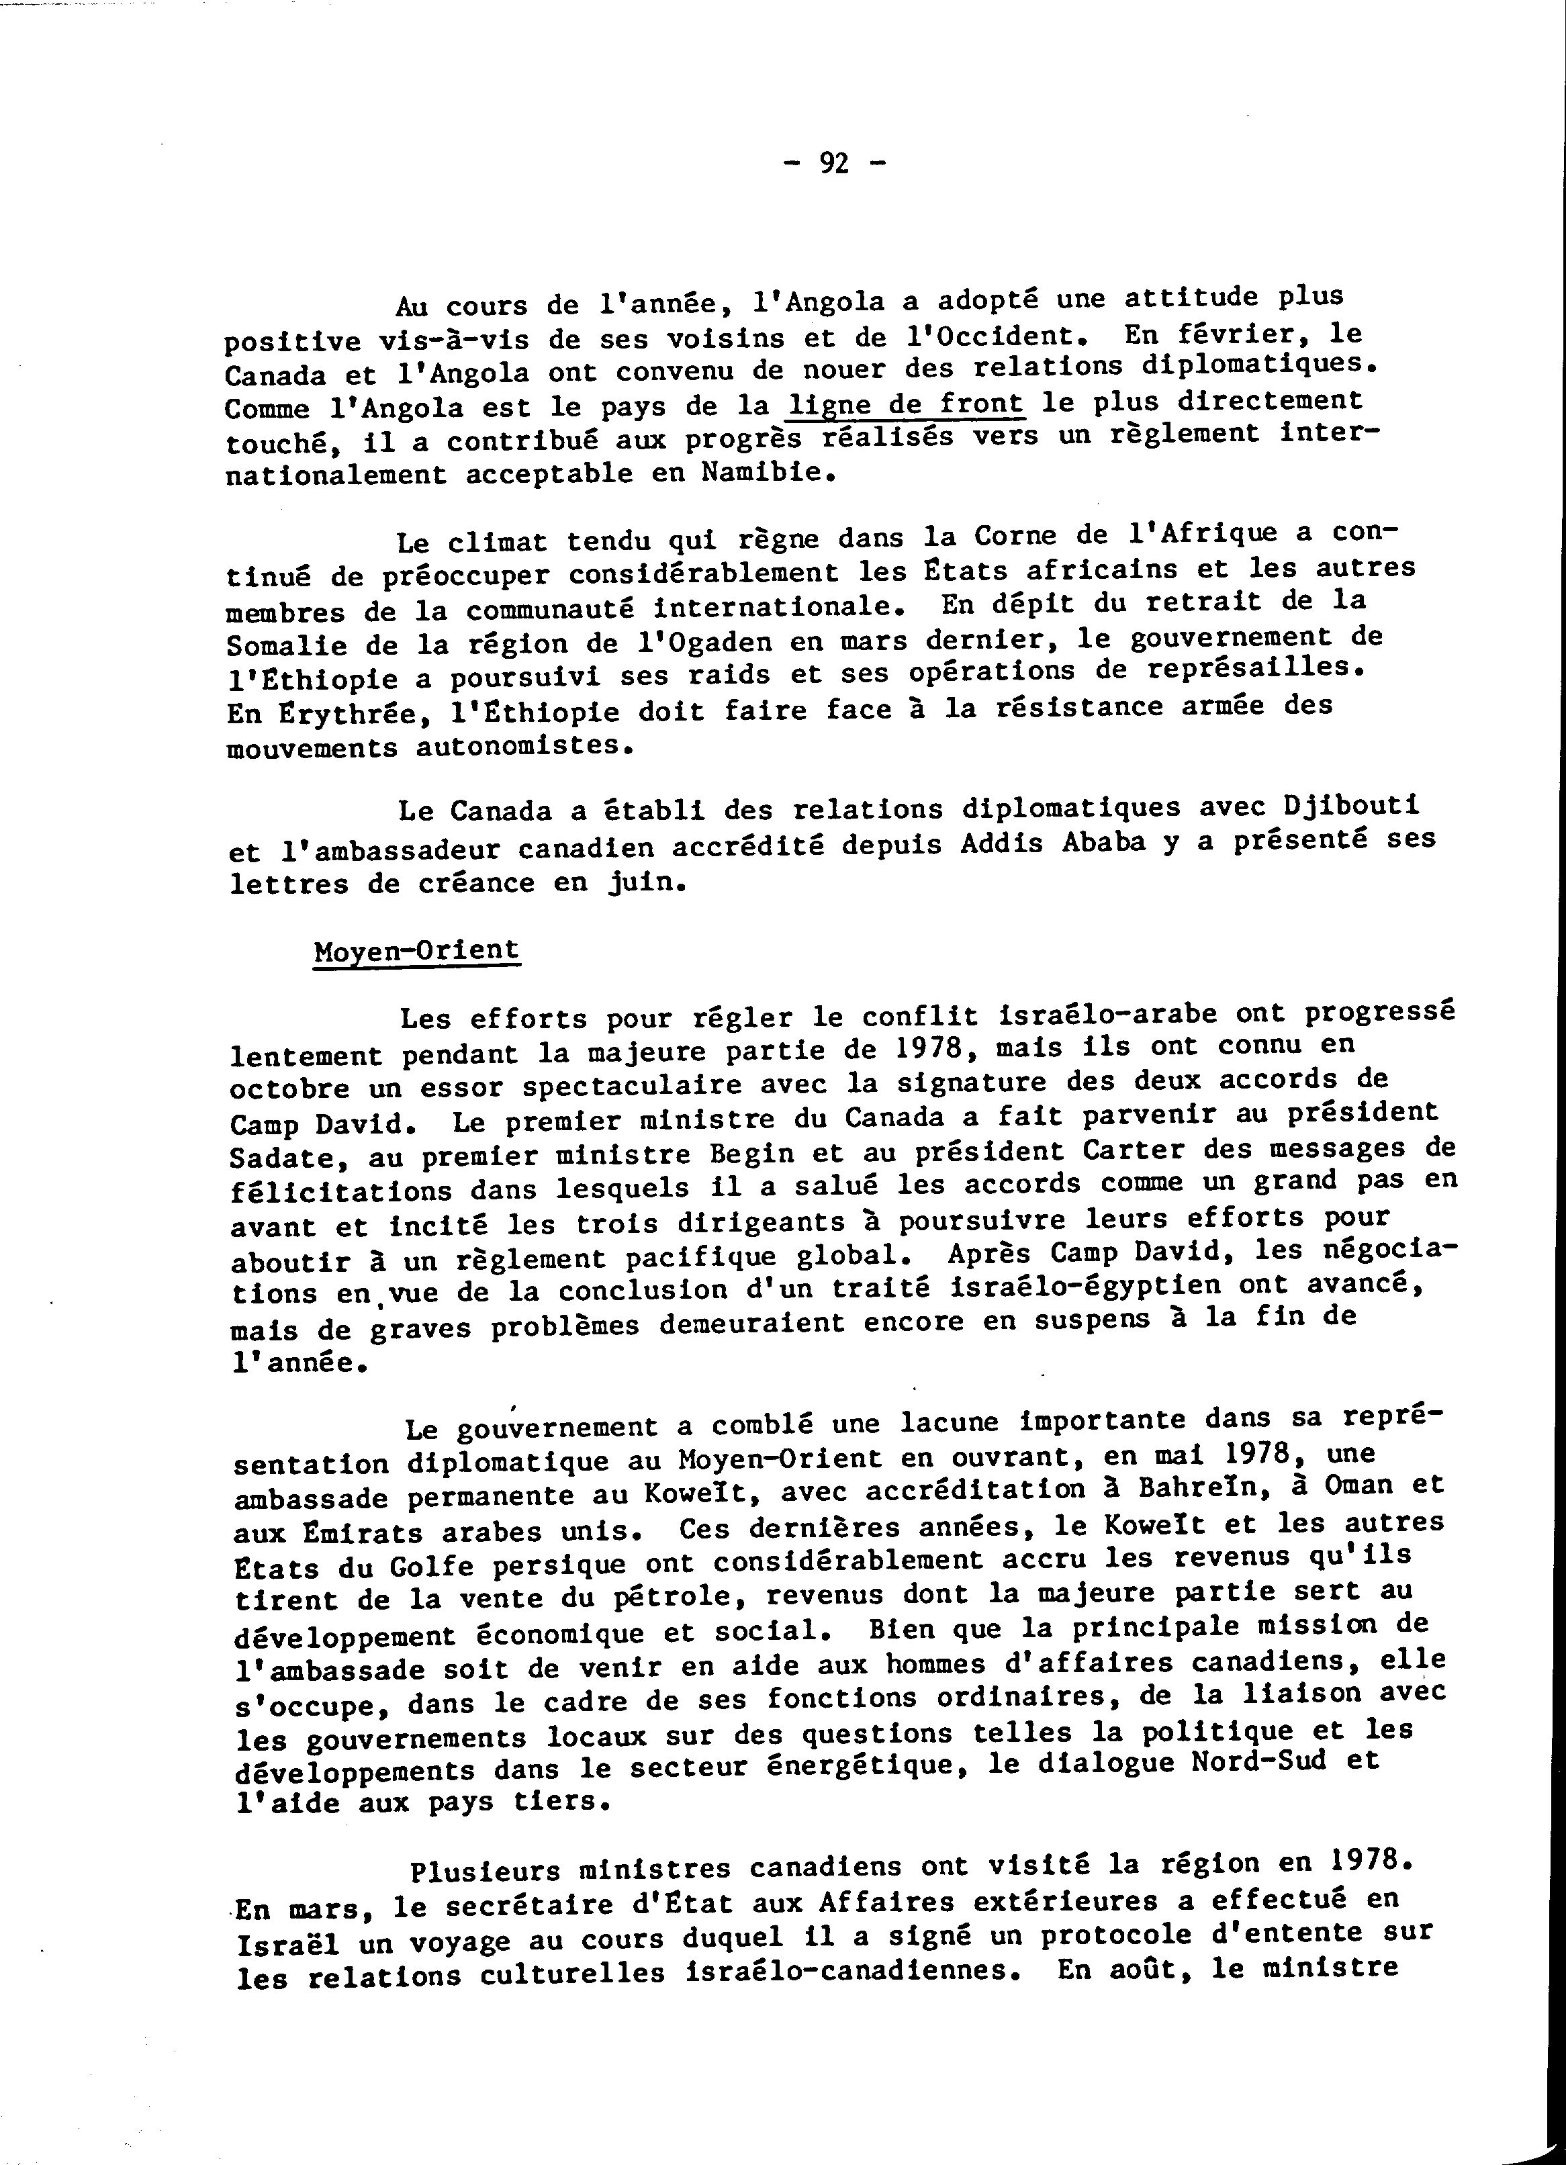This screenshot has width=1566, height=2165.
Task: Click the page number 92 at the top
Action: [x=834, y=165]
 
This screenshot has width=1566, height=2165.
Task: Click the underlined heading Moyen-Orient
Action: [x=416, y=951]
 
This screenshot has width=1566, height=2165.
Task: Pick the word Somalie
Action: [x=286, y=646]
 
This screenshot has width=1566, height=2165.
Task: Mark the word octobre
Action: [x=288, y=1089]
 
